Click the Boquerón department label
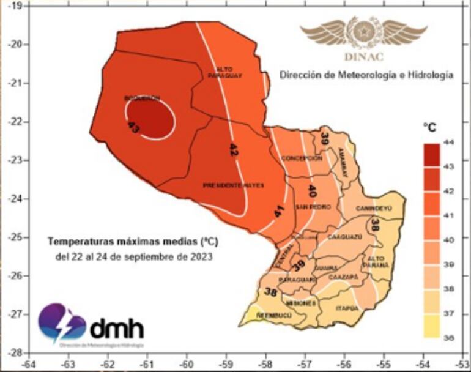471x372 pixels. coord(142,98)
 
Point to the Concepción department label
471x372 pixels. coord(302,158)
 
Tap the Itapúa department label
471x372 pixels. coord(346,308)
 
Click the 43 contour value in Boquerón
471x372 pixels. coord(133,127)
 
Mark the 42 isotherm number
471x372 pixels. coord(233,149)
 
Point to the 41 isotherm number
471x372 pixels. coord(278,212)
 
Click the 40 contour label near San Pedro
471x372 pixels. coord(311,190)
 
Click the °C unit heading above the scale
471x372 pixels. coord(430,127)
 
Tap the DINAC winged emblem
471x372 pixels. coord(354,32)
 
